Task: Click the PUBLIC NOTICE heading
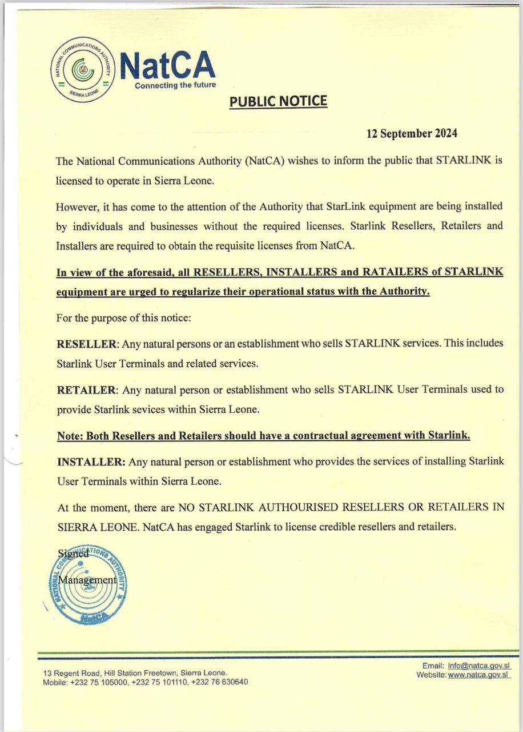tap(278, 102)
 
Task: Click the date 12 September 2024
tap(412, 134)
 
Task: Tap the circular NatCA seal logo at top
tap(83, 70)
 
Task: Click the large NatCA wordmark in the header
tap(168, 65)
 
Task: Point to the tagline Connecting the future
tap(175, 85)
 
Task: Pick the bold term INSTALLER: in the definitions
tap(91, 462)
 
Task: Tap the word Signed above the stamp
tap(73, 553)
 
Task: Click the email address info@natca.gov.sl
tap(480, 666)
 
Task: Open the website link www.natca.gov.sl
tap(478, 675)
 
